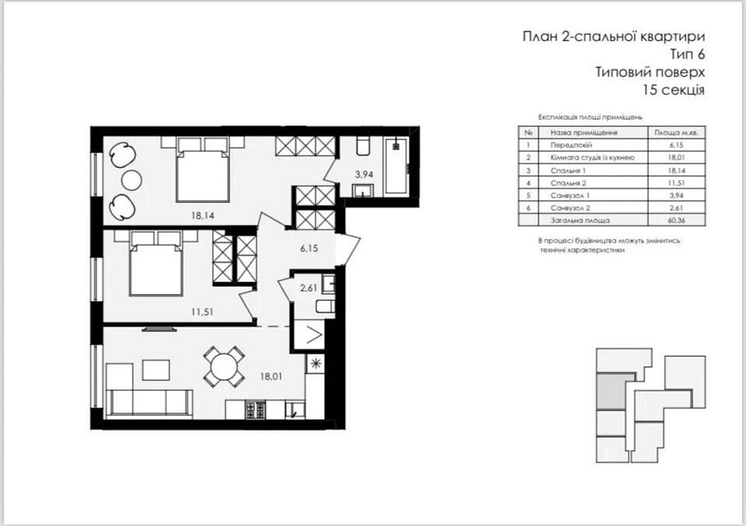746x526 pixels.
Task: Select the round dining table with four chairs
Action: tap(224, 367)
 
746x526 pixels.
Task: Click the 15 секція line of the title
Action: tap(672, 90)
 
